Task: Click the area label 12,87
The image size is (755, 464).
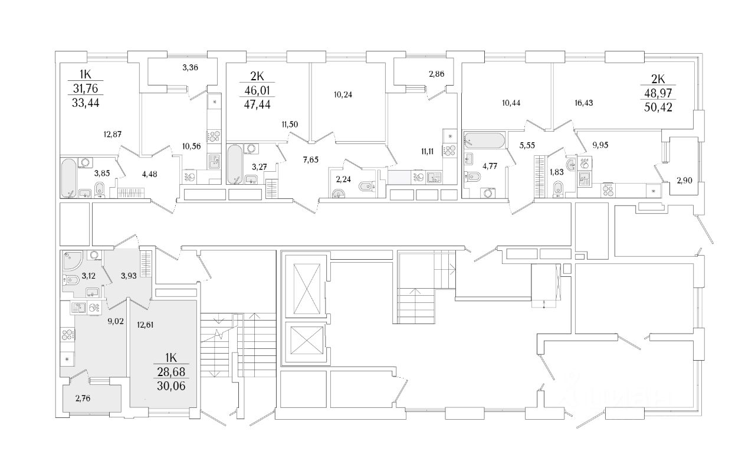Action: [114, 134]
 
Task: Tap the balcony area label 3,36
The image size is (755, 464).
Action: [190, 67]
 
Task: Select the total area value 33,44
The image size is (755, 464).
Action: [85, 106]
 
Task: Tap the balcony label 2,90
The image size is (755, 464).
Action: [685, 181]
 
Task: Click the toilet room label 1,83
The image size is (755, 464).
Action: [556, 172]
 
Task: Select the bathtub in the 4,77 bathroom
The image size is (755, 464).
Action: [484, 141]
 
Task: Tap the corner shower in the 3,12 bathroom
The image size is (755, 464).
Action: [71, 260]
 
